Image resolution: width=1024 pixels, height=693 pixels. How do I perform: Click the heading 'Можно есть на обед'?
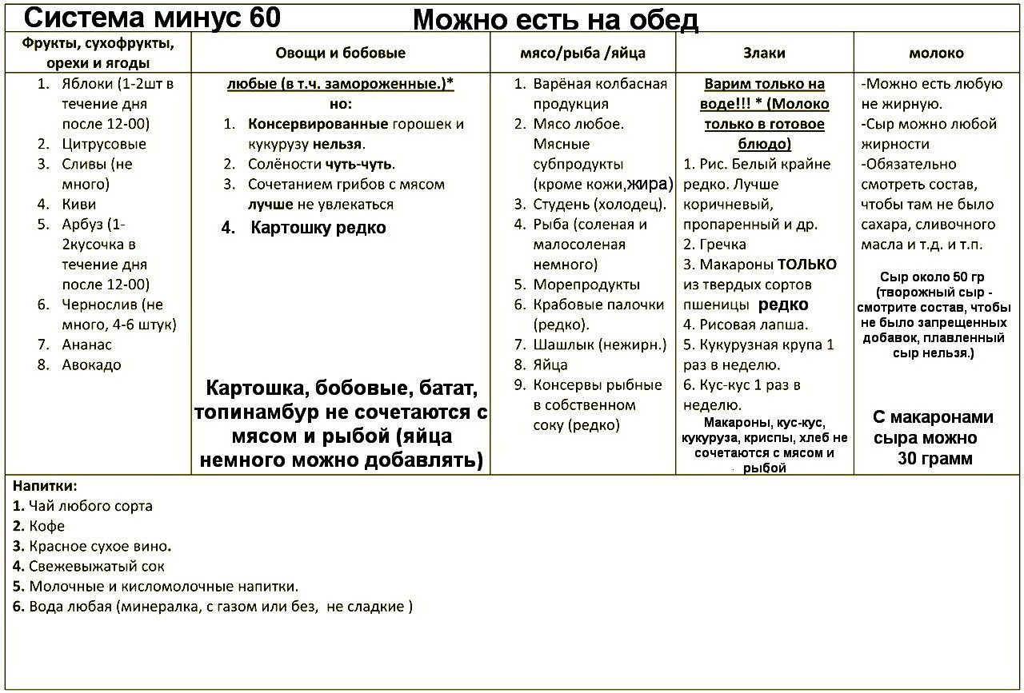(555, 21)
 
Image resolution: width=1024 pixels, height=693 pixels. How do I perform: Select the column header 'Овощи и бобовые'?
(341, 54)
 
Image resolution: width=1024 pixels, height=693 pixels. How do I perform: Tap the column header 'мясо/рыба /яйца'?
(582, 54)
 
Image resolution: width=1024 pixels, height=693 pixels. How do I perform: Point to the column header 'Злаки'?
(764, 54)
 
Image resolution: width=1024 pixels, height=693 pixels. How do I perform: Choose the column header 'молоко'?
(936, 54)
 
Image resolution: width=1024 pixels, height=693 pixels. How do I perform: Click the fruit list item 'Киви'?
(78, 205)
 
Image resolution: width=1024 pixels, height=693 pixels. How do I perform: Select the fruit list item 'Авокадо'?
(91, 365)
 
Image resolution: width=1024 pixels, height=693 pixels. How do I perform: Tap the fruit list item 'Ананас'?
(86, 345)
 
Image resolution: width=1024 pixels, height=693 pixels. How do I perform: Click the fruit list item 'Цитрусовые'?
(104, 145)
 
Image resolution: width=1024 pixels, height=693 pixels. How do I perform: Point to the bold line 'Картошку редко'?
(318, 228)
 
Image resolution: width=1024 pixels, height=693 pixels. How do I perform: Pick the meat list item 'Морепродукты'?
(586, 285)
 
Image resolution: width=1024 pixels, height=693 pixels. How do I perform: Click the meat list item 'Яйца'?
(550, 365)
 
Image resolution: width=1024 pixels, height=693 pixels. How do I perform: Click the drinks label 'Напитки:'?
(45, 486)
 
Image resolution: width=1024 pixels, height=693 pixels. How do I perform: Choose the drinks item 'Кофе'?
(46, 526)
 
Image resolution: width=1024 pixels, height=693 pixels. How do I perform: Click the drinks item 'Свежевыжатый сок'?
(96, 567)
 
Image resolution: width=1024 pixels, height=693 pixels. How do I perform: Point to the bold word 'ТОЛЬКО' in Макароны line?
(806, 265)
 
